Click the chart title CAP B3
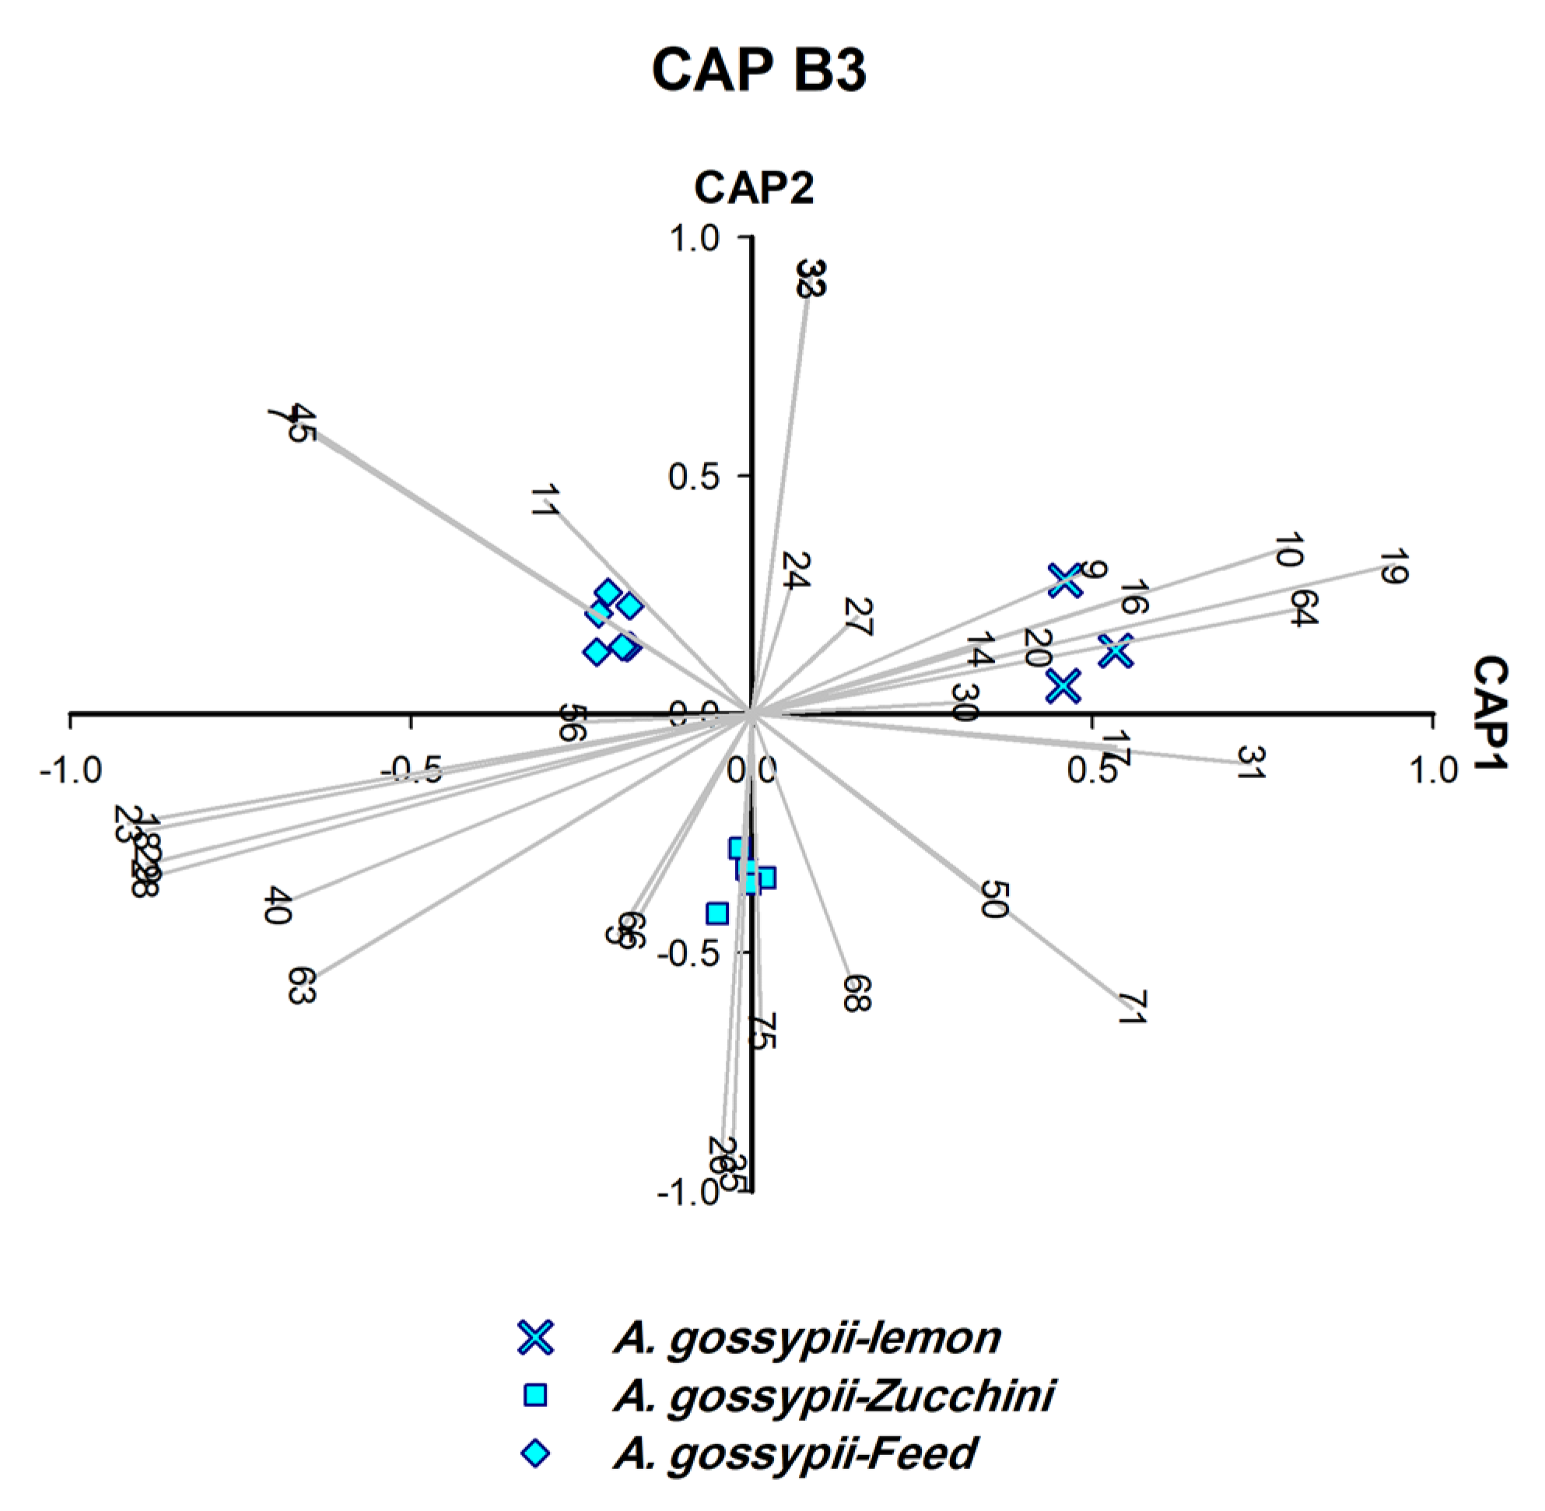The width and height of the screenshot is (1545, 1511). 758,71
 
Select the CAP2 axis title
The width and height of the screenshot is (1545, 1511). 753,189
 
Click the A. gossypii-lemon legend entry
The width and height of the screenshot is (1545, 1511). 806,1338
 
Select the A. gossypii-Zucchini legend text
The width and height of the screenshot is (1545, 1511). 833,1396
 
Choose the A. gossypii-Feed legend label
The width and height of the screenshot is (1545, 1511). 794,1454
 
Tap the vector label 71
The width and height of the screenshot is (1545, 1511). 1132,1008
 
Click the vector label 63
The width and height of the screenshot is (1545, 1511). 302,986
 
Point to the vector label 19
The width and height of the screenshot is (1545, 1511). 1391,567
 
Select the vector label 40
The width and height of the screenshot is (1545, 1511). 278,906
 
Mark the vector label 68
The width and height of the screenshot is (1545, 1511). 857,993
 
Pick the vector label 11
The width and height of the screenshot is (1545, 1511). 545,501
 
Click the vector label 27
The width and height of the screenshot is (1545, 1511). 858,618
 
